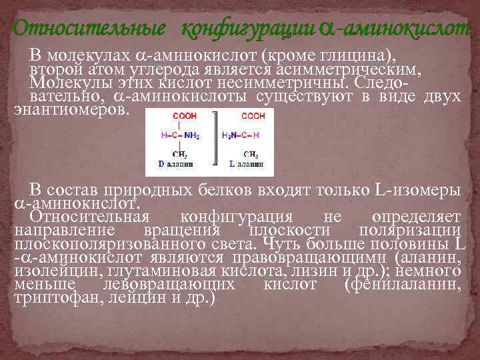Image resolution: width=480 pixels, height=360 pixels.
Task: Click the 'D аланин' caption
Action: pos(175,163)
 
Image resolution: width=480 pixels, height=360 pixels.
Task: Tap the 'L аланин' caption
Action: pos(246,163)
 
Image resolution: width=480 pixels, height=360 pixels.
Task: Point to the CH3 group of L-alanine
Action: pos(251,155)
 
